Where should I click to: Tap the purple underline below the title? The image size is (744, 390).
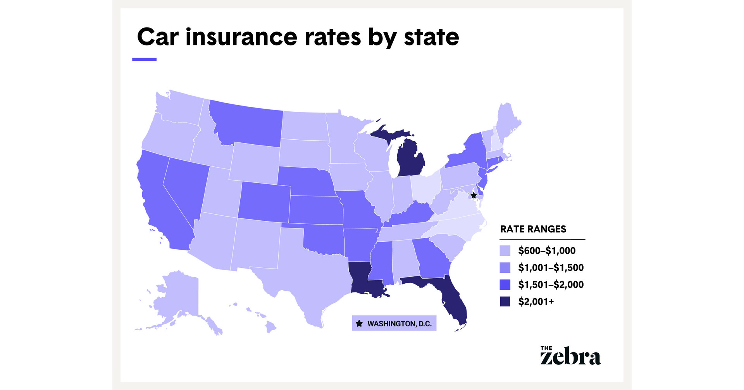click(144, 59)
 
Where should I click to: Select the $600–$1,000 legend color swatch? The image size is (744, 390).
click(505, 251)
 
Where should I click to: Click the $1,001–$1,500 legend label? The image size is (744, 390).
click(551, 268)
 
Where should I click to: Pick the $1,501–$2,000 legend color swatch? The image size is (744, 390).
click(505, 285)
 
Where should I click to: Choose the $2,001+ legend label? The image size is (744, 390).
click(536, 302)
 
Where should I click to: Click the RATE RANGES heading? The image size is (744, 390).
click(533, 229)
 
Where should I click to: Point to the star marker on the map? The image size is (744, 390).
click(474, 195)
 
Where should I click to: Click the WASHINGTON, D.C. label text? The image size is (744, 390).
click(399, 324)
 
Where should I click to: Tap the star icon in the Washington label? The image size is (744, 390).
click(359, 323)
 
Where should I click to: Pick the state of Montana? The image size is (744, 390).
click(248, 124)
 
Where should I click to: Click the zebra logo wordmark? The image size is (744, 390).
click(570, 356)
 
